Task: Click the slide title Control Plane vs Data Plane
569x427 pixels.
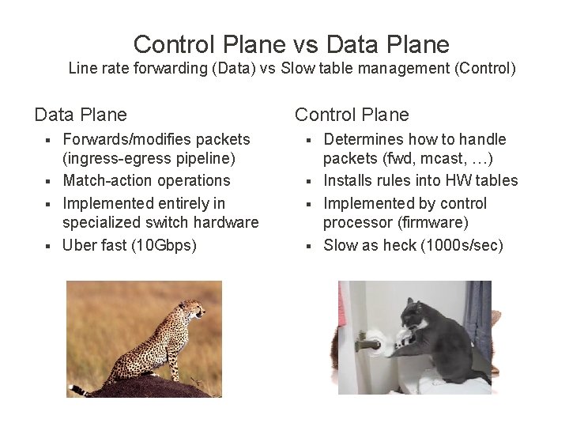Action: click(291, 43)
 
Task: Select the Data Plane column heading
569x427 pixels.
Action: click(80, 115)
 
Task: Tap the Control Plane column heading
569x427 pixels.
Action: click(352, 115)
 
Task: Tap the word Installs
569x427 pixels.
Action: click(349, 180)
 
